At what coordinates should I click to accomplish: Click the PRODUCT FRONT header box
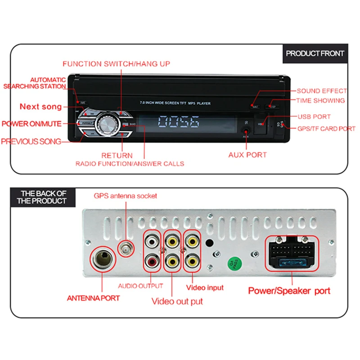(315, 53)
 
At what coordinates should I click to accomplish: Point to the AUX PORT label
(247, 155)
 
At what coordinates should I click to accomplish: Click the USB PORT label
(314, 117)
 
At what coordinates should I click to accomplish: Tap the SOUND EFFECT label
(322, 91)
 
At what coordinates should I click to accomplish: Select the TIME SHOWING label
(320, 100)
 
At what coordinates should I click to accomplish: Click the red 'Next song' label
(40, 107)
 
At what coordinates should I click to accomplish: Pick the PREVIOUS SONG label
(31, 141)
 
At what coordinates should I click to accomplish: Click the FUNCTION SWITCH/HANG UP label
(116, 64)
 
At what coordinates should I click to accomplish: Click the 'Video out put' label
(177, 301)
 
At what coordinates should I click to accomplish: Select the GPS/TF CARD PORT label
(326, 129)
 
